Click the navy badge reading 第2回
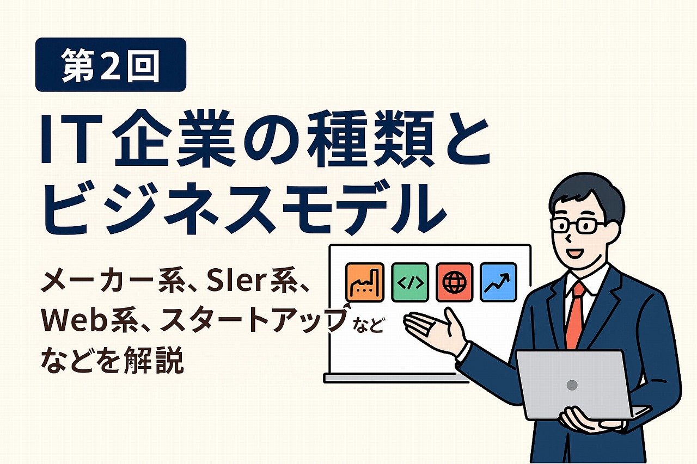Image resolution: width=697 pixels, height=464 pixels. point(111,65)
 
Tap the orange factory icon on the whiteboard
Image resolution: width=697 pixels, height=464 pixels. point(365,282)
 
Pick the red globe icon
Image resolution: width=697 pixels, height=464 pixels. point(454,282)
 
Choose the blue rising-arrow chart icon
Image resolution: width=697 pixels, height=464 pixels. point(498,282)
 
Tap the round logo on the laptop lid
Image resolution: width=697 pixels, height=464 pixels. point(572,385)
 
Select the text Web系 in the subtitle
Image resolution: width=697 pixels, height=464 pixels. point(82,321)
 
